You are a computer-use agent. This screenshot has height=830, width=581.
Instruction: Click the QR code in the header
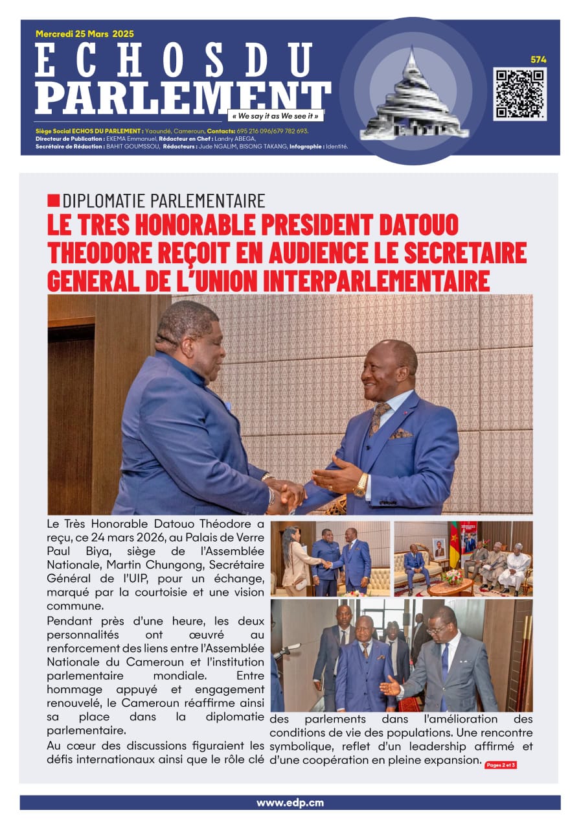click(x=519, y=94)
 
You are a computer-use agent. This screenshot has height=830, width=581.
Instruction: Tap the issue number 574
click(x=538, y=60)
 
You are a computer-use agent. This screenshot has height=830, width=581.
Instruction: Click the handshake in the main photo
click(x=286, y=493)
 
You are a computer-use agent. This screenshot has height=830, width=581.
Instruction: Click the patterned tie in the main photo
click(x=378, y=418)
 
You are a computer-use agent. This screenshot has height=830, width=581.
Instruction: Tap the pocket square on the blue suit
click(x=400, y=433)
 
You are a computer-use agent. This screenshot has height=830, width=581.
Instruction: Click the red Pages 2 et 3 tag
click(x=501, y=765)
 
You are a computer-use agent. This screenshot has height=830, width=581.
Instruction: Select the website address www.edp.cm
click(x=290, y=803)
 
